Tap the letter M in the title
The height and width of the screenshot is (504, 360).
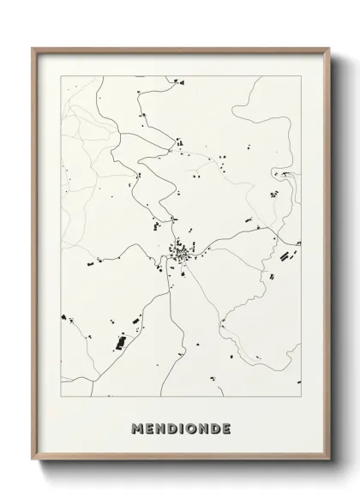pyautogui.click(x=138, y=427)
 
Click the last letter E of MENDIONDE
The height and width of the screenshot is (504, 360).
pyautogui.click(x=225, y=427)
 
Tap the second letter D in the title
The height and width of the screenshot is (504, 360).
pyautogui.click(x=214, y=427)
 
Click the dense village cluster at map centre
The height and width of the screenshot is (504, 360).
pyautogui.click(x=181, y=254)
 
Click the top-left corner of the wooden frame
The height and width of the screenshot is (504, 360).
pyautogui.click(x=33, y=48)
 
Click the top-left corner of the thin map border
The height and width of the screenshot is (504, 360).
pyautogui.click(x=58, y=75)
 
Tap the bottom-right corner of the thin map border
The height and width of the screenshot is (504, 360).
pyautogui.click(x=302, y=397)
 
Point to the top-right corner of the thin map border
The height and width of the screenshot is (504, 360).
pyautogui.click(x=302, y=75)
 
